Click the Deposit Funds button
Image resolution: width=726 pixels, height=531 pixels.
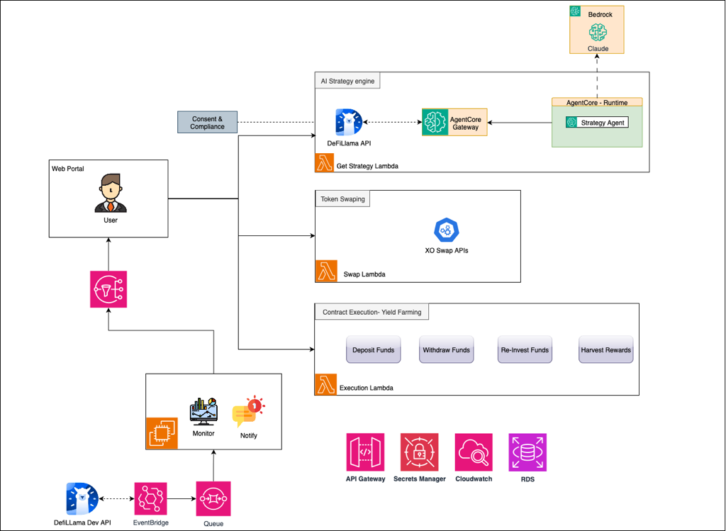tap(373, 350)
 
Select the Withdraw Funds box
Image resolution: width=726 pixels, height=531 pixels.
tap(447, 350)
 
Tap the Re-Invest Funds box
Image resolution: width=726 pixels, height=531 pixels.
tap(525, 350)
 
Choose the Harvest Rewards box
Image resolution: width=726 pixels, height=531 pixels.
tap(605, 350)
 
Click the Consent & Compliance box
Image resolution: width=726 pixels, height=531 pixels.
tap(208, 122)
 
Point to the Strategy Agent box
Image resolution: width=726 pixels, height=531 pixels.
tap(597, 122)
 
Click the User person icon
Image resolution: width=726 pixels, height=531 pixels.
tap(111, 193)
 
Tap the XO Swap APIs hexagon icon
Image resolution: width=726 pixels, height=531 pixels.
tap(447, 230)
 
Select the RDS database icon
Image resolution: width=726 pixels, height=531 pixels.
tap(527, 452)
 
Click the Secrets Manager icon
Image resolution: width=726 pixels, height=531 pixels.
tap(420, 452)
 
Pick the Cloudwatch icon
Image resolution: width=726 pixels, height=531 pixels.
tap(474, 452)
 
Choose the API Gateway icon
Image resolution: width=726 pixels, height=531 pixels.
tap(365, 452)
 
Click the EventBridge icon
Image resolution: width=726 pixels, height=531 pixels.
tap(150, 498)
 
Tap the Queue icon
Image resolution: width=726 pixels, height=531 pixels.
tap(213, 498)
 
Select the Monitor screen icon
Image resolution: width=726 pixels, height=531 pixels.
tap(203, 411)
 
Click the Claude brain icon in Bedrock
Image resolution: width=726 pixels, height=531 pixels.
tap(598, 32)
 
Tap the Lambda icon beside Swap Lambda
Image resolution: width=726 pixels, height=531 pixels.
tap(326, 271)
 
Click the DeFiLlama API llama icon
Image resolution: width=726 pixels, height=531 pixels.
tap(349, 122)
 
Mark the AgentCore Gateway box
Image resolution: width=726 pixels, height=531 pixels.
tap(454, 122)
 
